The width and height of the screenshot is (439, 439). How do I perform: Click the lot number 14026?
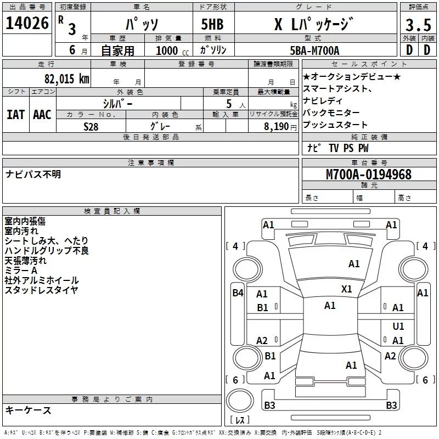[27, 23]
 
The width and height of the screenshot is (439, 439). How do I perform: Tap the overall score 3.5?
[418, 25]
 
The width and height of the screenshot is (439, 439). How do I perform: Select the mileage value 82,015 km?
[66, 78]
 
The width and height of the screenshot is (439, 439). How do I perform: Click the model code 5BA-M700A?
[314, 50]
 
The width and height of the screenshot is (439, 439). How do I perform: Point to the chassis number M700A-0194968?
[369, 175]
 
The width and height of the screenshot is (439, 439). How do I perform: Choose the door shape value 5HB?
[212, 24]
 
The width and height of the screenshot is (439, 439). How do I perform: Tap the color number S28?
[91, 127]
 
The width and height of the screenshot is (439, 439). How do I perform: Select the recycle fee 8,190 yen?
[280, 127]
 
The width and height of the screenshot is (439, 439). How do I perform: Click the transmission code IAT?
[16, 115]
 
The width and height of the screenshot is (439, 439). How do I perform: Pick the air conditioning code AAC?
[42, 115]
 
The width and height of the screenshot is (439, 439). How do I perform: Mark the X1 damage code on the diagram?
[347, 289]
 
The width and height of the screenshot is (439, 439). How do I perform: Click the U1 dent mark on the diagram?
[398, 326]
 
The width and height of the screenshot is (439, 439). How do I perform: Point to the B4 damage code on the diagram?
[238, 293]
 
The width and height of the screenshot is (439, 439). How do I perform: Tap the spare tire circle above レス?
[240, 401]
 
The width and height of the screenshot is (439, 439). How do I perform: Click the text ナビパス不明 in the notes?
[33, 174]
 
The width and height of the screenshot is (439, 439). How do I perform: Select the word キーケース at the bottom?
[29, 410]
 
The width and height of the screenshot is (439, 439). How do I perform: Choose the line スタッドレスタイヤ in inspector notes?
[42, 290]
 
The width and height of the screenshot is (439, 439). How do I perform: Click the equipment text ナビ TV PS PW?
[338, 148]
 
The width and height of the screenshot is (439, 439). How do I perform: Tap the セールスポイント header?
[369, 64]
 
